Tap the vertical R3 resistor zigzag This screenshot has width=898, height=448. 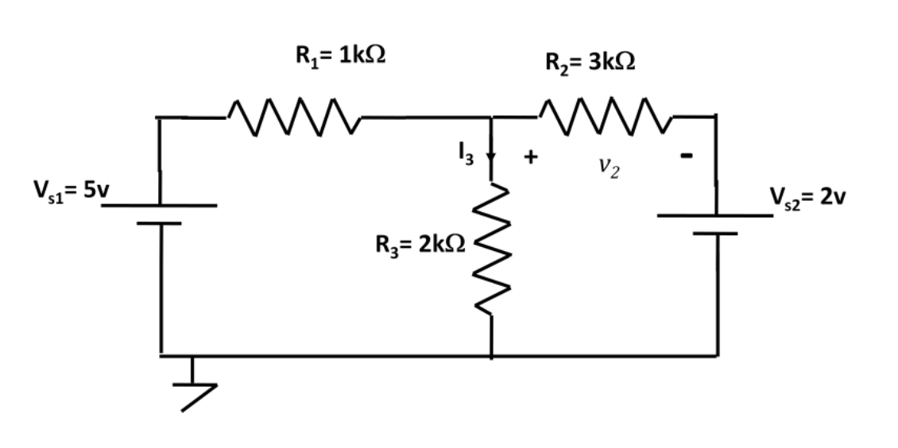(491, 250)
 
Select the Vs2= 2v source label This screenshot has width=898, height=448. (806, 196)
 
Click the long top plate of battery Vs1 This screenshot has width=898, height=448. (159, 205)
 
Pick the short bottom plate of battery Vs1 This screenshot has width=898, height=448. (159, 224)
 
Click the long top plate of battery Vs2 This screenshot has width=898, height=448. (715, 214)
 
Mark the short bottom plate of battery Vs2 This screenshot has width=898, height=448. (715, 234)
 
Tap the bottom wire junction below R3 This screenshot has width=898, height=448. (491, 356)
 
